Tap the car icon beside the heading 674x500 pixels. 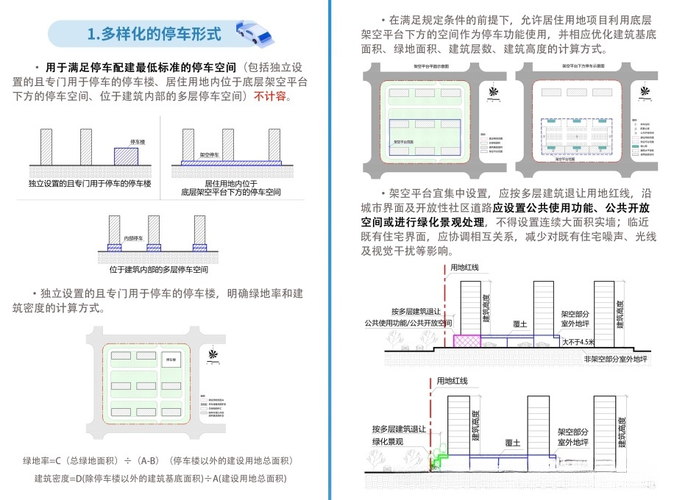tap(252, 34)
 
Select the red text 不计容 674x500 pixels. tap(272, 96)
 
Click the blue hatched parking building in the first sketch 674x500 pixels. tap(126, 156)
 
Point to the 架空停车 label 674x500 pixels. tap(211, 156)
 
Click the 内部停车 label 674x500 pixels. tap(133, 238)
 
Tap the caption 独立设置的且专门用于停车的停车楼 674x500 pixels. tap(90, 182)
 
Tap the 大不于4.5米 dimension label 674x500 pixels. tap(579, 342)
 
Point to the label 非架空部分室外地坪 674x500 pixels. tap(616, 360)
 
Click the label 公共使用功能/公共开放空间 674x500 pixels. tap(408, 323)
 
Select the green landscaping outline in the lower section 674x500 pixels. tap(439, 460)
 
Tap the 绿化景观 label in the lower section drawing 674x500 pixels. tap(387, 441)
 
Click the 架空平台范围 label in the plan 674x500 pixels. tap(405, 142)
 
